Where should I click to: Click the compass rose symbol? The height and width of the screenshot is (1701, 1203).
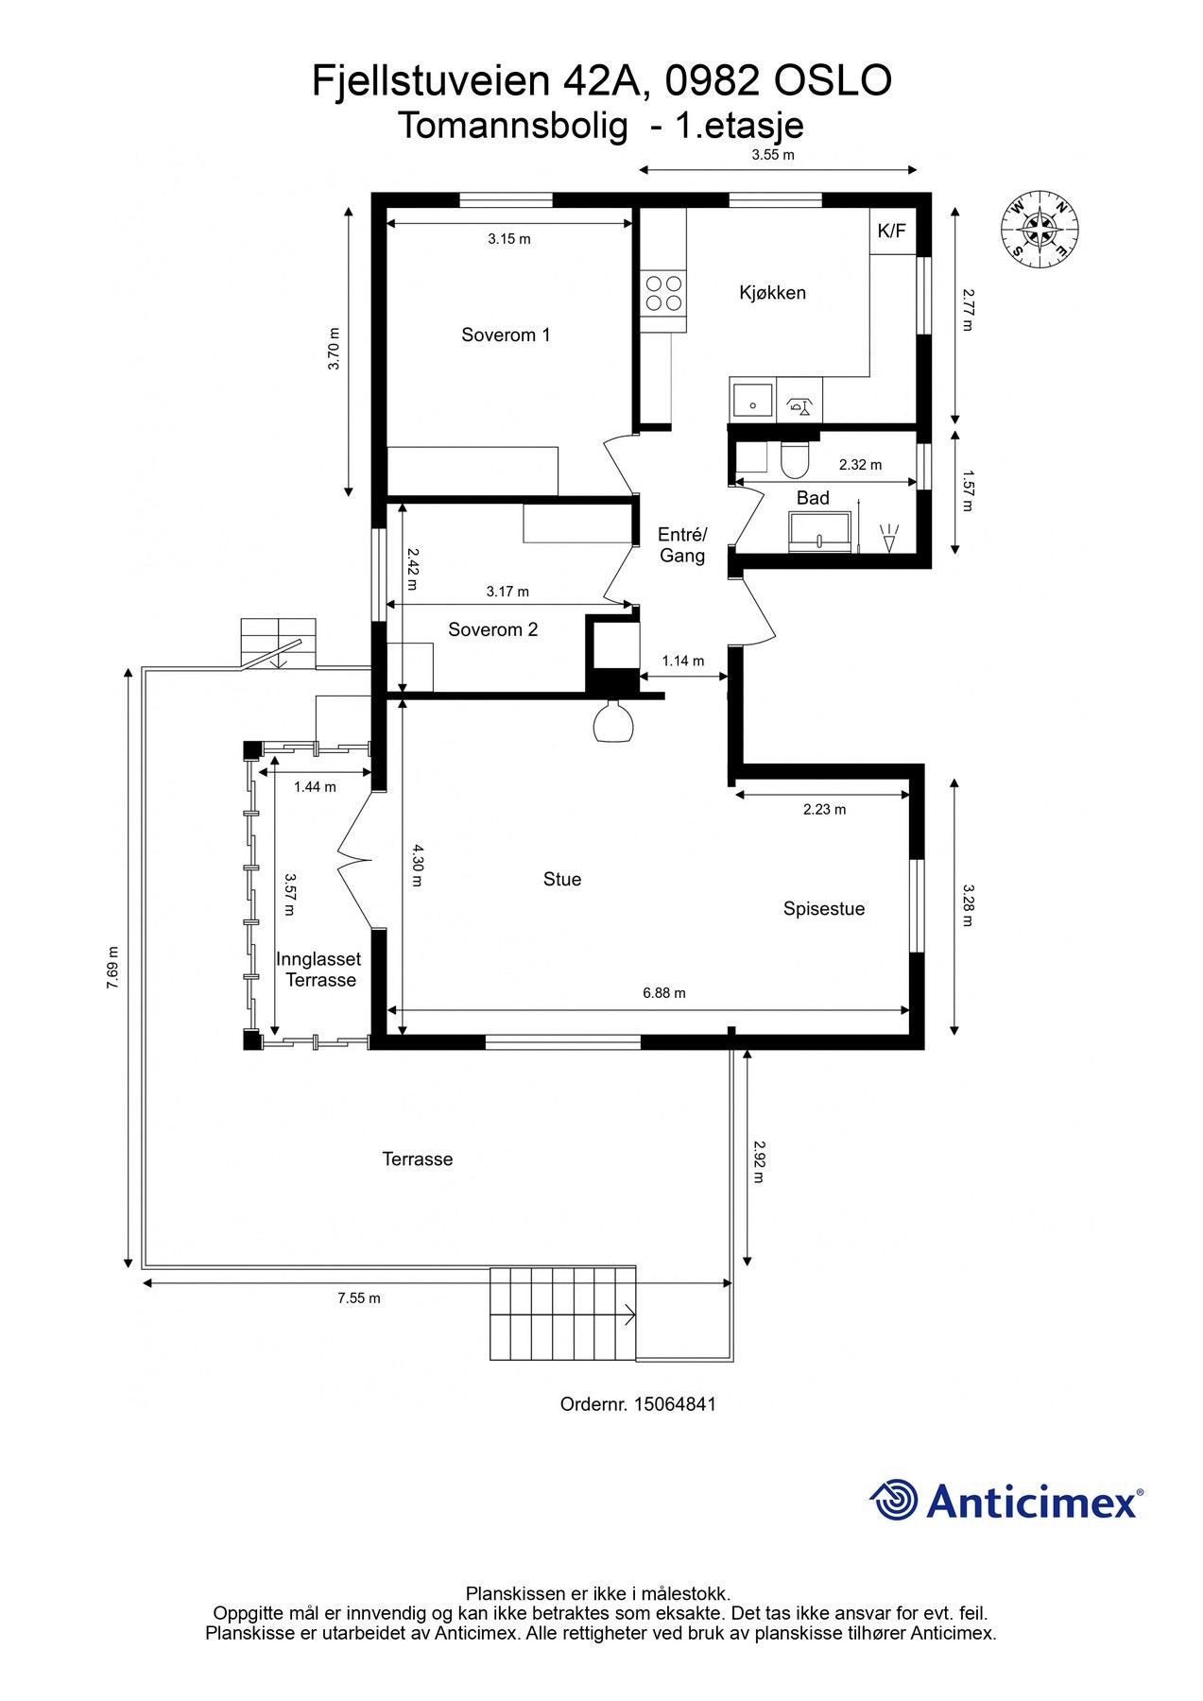pos(1040,228)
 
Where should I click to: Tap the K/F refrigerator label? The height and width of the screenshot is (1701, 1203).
pos(891,231)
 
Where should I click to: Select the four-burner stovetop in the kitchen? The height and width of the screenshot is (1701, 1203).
pos(663,293)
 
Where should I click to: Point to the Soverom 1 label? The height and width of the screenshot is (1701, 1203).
pos(506,335)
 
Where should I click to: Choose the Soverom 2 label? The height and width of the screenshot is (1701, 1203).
pos(492,629)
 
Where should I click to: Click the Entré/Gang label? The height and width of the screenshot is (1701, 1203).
pos(682,545)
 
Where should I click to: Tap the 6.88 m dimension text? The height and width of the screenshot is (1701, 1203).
pos(664,993)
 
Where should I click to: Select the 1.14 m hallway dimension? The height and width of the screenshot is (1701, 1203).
pos(682,661)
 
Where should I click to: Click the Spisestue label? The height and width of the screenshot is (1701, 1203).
pos(824,909)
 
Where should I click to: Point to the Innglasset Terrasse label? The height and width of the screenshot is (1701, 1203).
pos(319,970)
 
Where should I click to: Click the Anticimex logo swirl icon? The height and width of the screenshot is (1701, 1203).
pos(893,1500)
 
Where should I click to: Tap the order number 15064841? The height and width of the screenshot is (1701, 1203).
pos(675,1404)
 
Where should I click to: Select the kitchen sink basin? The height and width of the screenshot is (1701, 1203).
pos(753,401)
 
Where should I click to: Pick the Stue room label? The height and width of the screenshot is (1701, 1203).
pos(562,880)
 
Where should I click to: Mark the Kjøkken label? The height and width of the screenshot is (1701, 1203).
pos(772,293)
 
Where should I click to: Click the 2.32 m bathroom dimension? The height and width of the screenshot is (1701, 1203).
pos(860,465)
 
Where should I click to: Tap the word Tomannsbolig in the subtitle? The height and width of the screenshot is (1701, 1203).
pos(513,126)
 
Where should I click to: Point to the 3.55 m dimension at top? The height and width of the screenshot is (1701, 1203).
pos(773,155)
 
